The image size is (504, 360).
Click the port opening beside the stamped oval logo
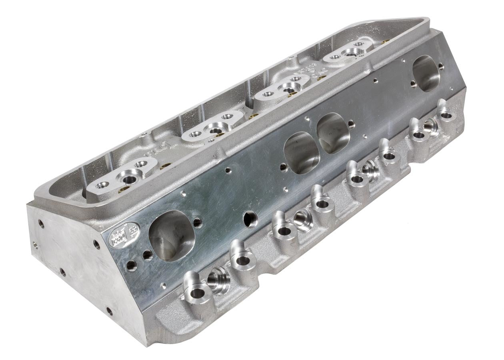(x=171, y=236)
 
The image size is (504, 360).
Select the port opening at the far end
(x=426, y=73)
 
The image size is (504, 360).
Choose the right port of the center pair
(x=333, y=133)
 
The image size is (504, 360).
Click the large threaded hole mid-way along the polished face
(x=251, y=219)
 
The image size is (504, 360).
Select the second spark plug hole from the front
(x=303, y=219)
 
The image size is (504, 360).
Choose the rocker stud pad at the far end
(x=349, y=51)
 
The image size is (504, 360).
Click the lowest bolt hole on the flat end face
(x=109, y=310)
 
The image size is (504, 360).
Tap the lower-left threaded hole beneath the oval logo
(x=131, y=264)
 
